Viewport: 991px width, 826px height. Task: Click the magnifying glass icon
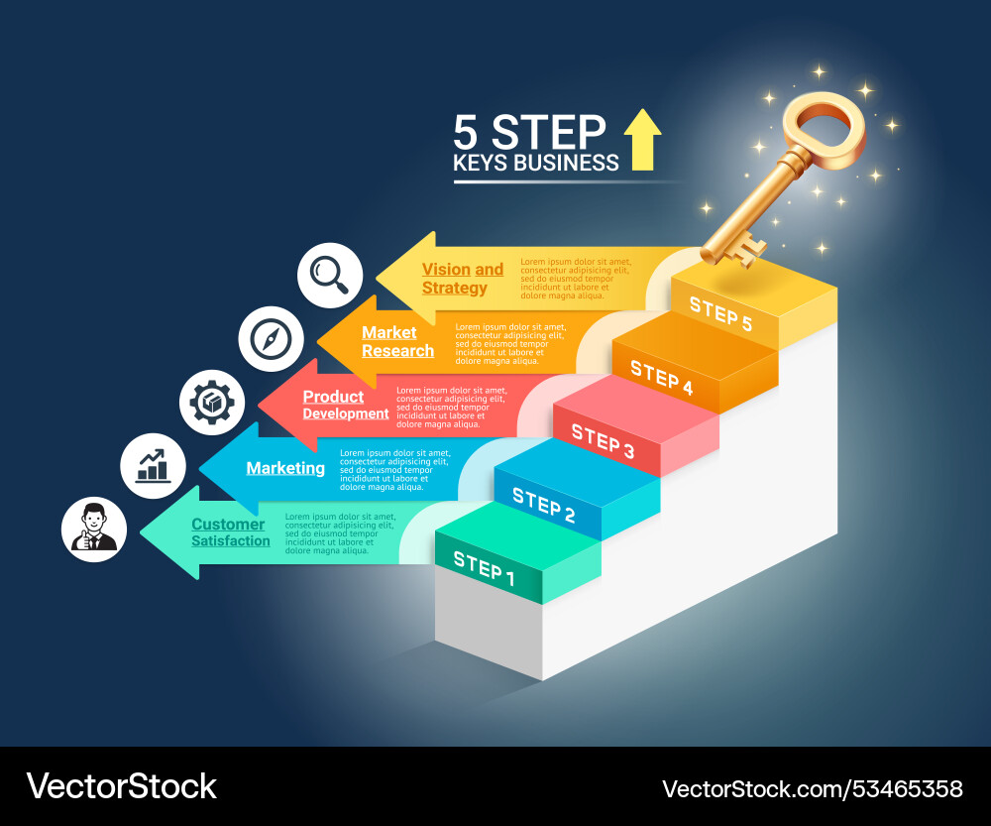[x=330, y=275]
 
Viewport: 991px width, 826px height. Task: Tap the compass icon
[x=271, y=339]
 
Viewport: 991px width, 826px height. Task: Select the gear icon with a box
[x=211, y=403]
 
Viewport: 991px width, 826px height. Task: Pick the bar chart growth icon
[x=153, y=465]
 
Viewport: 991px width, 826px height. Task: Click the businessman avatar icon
[x=94, y=529]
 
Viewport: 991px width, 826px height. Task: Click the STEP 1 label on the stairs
[x=485, y=568]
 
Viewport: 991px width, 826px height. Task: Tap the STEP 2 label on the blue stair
[x=543, y=506]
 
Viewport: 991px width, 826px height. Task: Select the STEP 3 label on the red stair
[x=603, y=442]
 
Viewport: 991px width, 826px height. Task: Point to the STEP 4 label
[x=661, y=379]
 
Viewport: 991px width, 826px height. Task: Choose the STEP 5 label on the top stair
[x=720, y=315]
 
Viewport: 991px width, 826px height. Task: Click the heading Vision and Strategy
[x=462, y=279]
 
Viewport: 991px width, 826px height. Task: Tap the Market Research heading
[x=397, y=342]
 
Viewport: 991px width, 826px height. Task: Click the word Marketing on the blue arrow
[x=285, y=468]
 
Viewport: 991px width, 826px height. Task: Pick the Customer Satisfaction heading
[x=230, y=532]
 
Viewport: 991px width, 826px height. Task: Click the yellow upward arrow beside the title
[x=642, y=140]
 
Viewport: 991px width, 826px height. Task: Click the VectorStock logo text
[x=121, y=786]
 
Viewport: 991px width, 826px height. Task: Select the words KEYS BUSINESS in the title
[x=536, y=164]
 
